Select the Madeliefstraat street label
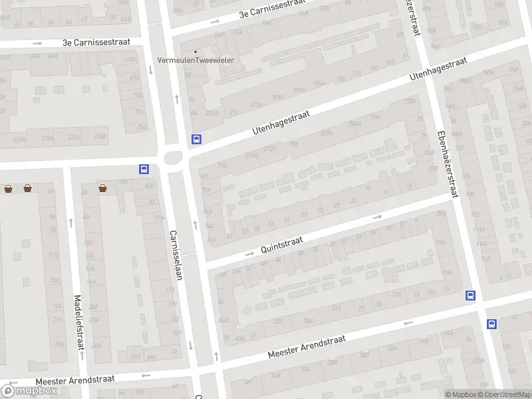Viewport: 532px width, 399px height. pyautogui.click(x=78, y=323)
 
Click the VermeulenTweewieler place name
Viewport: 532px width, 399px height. pyautogui.click(x=199, y=61)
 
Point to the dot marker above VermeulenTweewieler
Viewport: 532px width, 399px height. pyautogui.click(x=195, y=51)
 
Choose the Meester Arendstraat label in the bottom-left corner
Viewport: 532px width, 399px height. pyautogui.click(x=74, y=379)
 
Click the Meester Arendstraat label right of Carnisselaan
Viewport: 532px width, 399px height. pyautogui.click(x=307, y=347)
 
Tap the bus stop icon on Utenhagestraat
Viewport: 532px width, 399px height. pyautogui.click(x=196, y=139)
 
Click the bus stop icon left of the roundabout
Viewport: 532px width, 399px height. pyautogui.click(x=143, y=169)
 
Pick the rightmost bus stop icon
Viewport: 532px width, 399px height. pyautogui.click(x=491, y=324)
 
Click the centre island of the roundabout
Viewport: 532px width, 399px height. pyautogui.click(x=174, y=158)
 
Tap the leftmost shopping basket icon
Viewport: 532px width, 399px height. pyautogui.click(x=8, y=189)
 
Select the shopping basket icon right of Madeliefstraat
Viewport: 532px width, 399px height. pyautogui.click(x=104, y=189)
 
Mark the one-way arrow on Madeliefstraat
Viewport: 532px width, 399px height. pyautogui.click(x=70, y=223)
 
